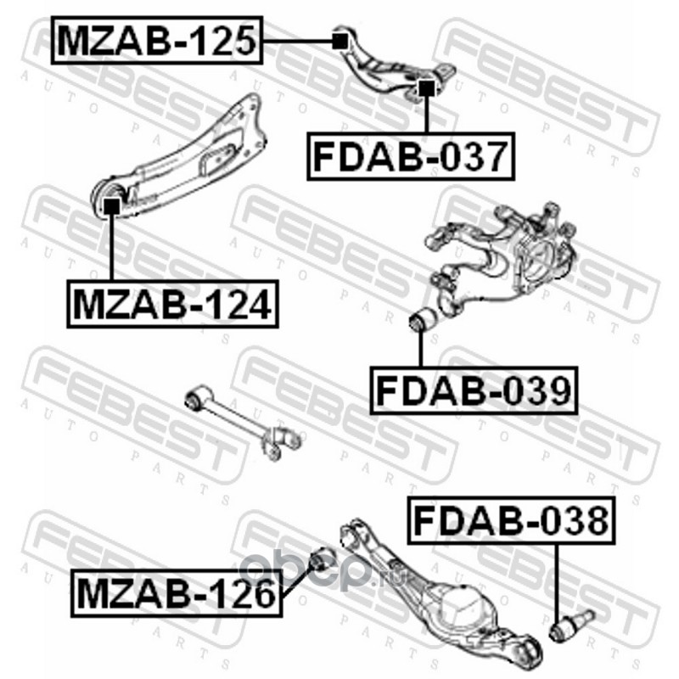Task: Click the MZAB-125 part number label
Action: coord(158,39)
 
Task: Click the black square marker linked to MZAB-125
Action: coord(339,40)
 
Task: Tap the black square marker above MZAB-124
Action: coord(111,205)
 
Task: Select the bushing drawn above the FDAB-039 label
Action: coord(422,323)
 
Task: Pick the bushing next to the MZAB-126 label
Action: coord(321,561)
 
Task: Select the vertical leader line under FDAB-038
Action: coord(558,581)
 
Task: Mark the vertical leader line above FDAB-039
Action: coord(422,352)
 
